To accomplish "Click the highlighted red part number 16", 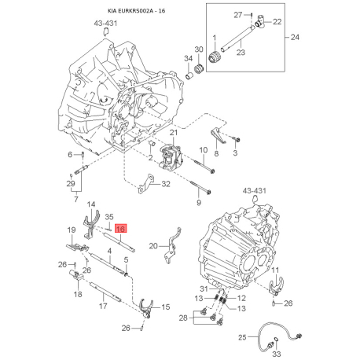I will tap(120, 229).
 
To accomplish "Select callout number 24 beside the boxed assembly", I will tap(296, 37).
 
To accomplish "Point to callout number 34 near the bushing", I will tap(188, 59).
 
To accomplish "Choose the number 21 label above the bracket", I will tap(174, 134).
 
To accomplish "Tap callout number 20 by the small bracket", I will tap(153, 245).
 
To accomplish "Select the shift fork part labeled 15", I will tap(146, 308).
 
